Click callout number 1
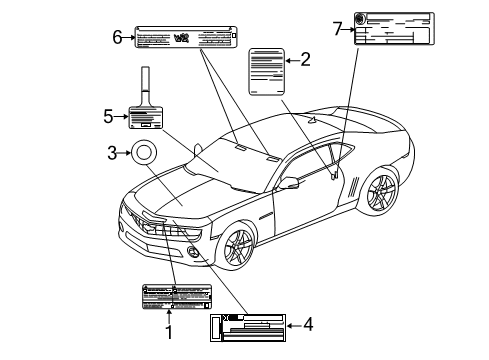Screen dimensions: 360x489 [169, 331]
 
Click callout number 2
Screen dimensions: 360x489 [305, 61]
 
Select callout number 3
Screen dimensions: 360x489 [113, 152]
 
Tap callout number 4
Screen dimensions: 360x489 [308, 326]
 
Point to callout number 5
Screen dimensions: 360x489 [109, 116]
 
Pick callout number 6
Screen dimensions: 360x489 [117, 38]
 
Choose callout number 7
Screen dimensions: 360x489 [338, 29]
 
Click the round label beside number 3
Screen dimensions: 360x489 [145, 153]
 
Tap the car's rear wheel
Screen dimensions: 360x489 [379, 192]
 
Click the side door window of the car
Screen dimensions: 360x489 [320, 166]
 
